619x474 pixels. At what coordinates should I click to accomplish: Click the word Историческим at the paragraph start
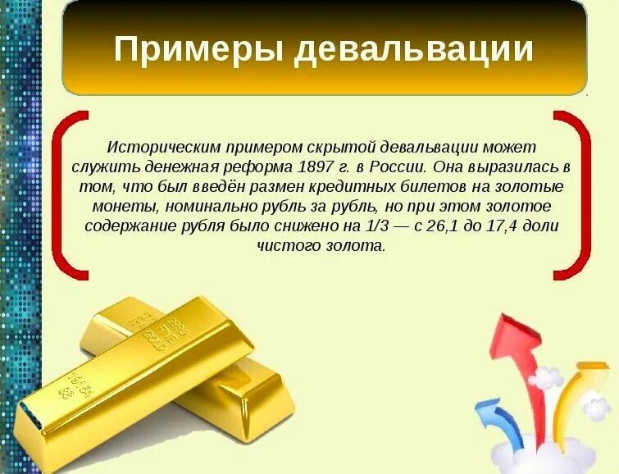tap(156, 148)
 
